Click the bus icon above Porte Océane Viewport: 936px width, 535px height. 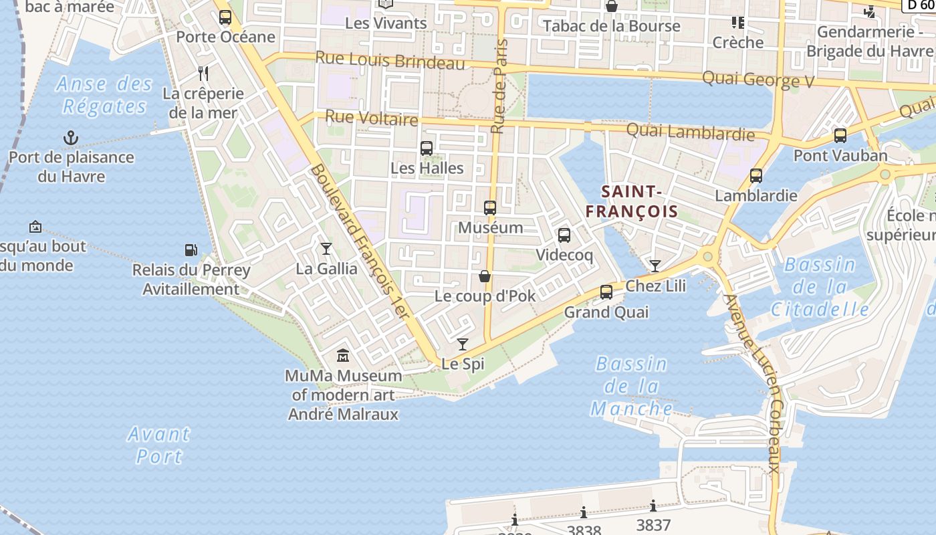(225, 17)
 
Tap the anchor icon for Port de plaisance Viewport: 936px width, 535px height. (71, 138)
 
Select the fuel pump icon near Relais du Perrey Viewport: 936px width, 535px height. (191, 250)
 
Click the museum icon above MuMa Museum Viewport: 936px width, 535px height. (343, 355)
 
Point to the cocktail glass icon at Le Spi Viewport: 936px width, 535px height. (462, 344)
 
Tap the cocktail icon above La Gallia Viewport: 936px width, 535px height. (326, 249)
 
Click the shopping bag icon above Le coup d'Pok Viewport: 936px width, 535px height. (485, 276)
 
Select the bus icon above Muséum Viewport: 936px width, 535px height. (490, 208)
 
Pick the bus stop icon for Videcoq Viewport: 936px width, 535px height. (564, 235)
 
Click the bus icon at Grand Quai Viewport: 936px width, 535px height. (606, 292)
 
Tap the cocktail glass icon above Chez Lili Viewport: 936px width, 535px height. (655, 266)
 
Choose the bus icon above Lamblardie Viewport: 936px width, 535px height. (756, 176)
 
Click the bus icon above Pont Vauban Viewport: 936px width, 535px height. (840, 136)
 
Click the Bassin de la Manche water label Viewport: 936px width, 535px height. (632, 386)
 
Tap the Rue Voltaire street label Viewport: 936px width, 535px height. (371, 118)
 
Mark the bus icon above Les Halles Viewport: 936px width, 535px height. (427, 148)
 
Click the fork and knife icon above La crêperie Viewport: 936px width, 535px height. (204, 74)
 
